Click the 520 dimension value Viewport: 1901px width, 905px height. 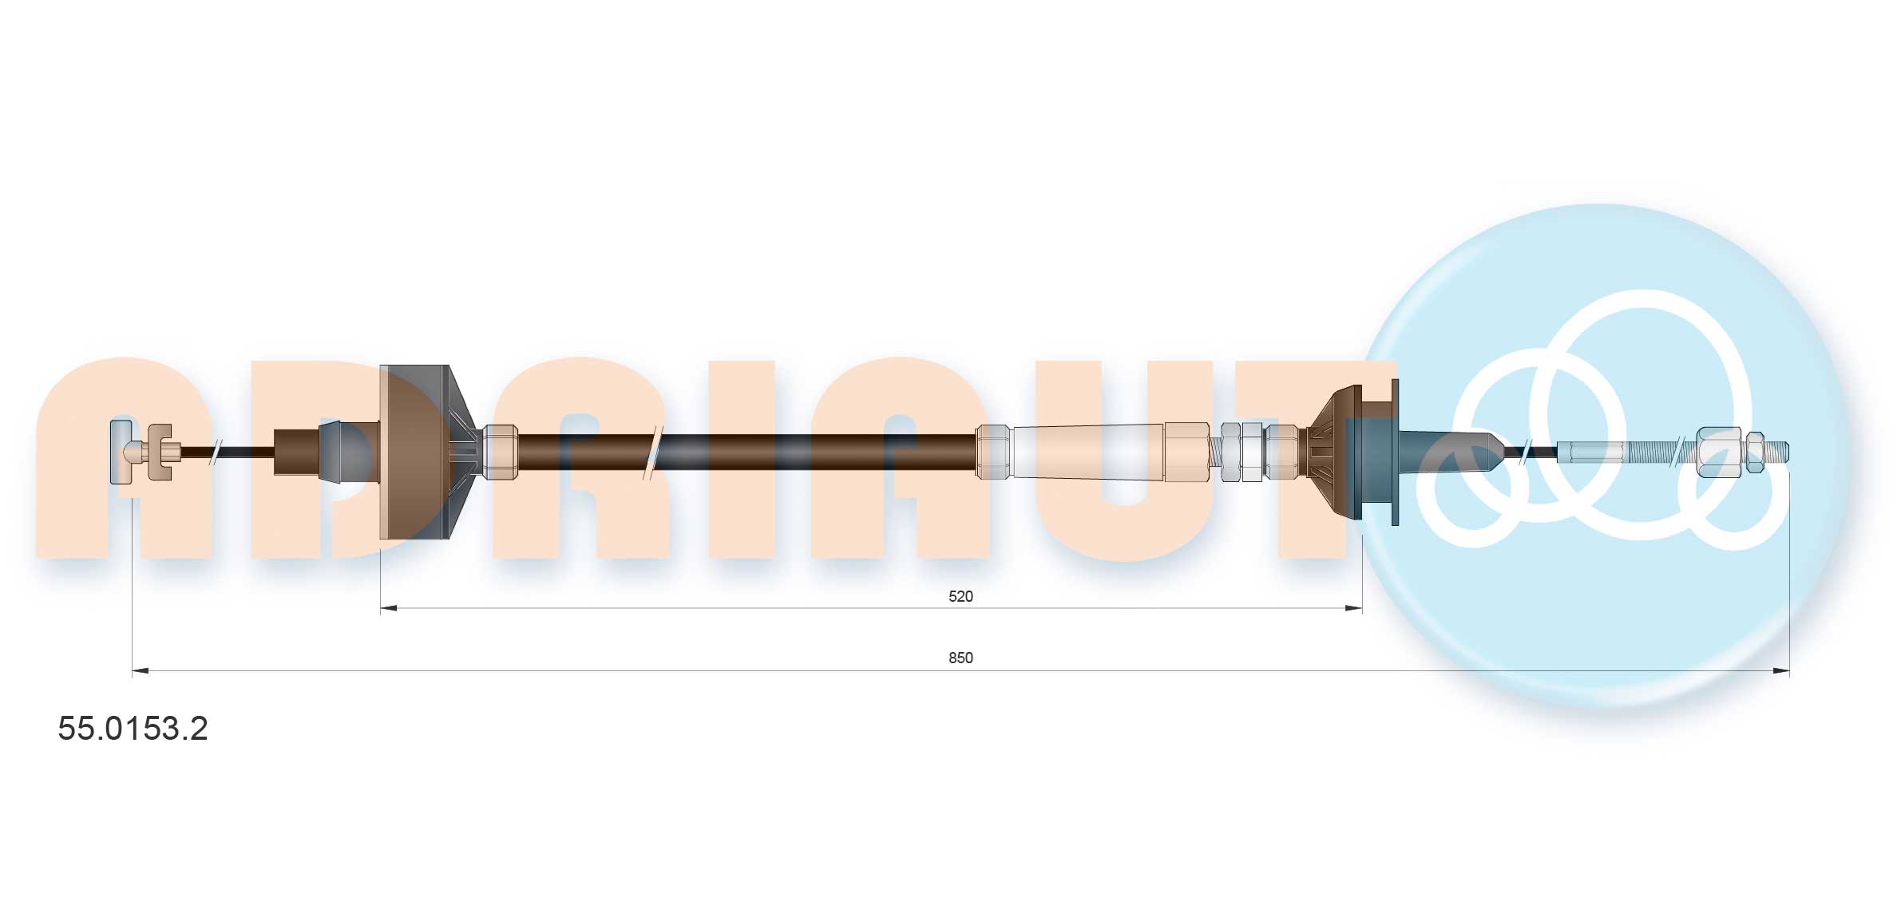tap(960, 596)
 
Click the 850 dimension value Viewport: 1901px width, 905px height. tap(960, 658)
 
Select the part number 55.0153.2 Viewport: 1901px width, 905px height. tap(133, 728)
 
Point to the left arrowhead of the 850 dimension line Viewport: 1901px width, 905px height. tap(141, 671)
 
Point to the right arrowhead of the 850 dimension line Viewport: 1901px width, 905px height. tap(1780, 671)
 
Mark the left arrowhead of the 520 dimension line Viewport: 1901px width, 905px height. tap(389, 608)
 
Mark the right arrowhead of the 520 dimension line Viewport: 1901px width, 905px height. tap(1353, 608)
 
